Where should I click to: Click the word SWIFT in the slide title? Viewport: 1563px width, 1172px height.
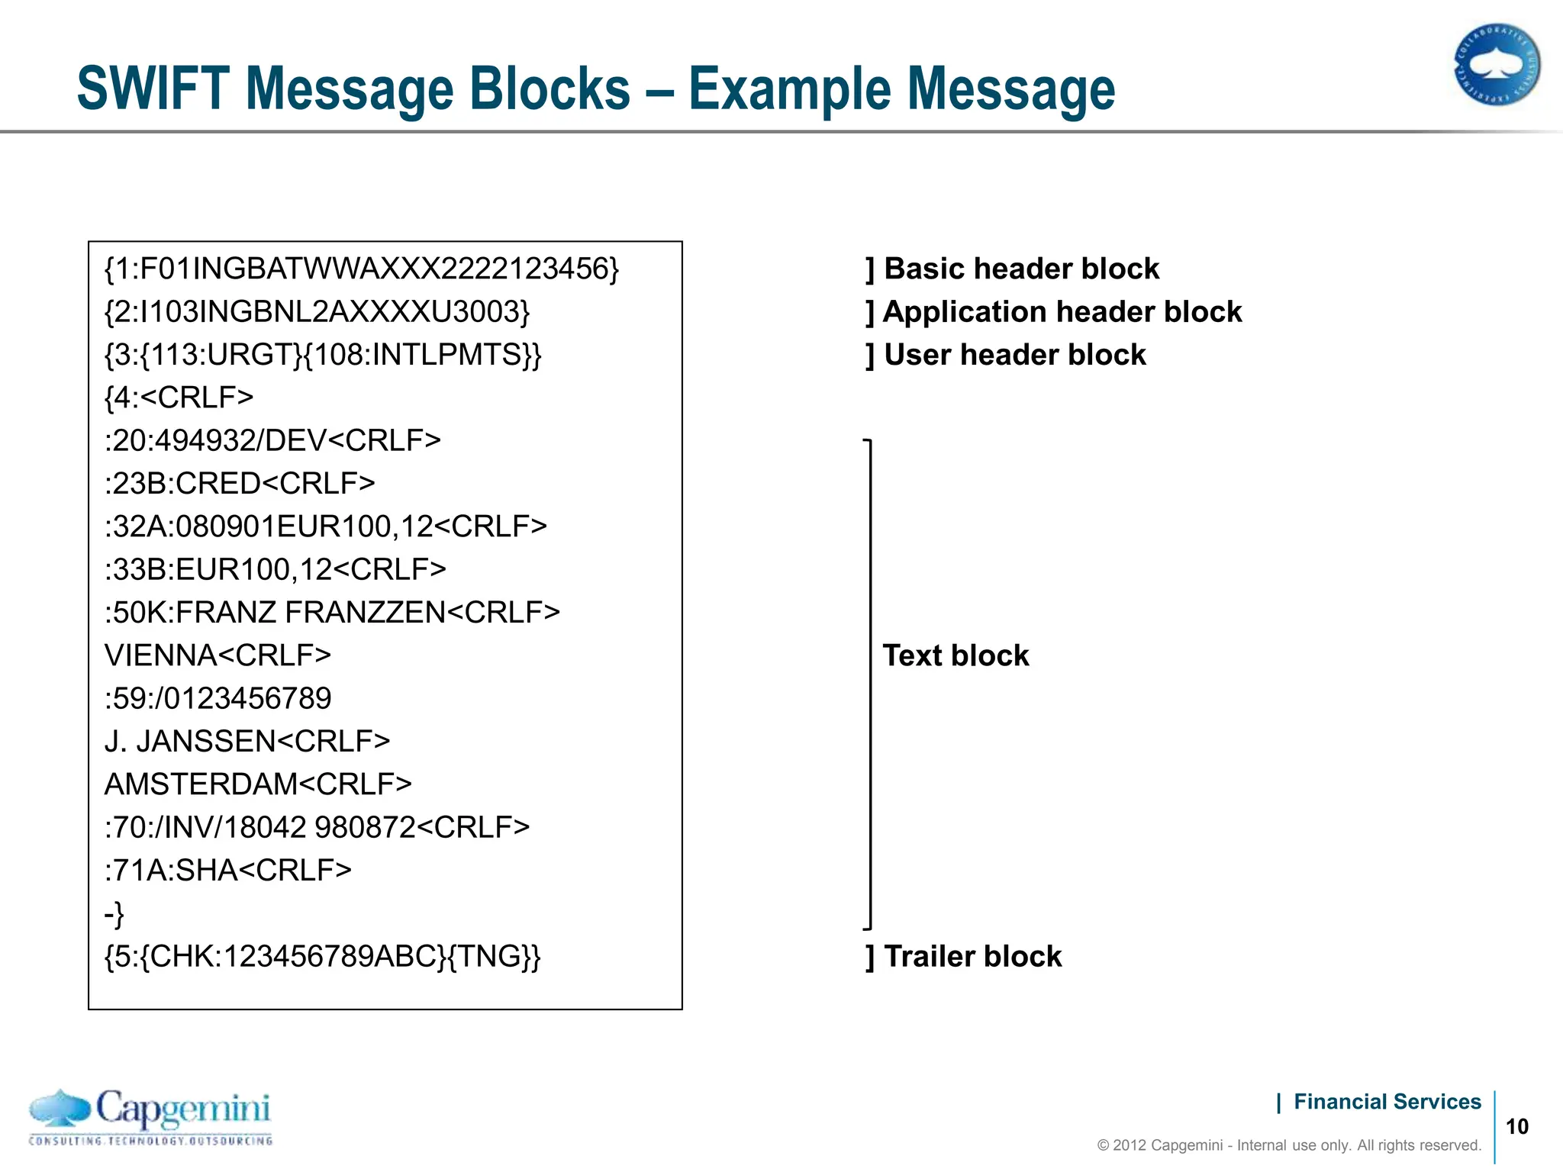pyautogui.click(x=153, y=89)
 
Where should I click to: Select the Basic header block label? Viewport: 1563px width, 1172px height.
pyautogui.click(x=1020, y=269)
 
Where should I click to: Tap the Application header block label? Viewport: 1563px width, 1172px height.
pyautogui.click(x=1062, y=312)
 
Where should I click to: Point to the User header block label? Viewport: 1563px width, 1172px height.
pyautogui.click(x=1014, y=355)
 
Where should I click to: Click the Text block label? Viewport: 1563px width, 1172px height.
pyautogui.click(x=956, y=655)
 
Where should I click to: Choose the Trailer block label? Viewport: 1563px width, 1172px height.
pyautogui.click(x=972, y=956)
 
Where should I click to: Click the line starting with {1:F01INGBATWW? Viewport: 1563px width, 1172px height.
pyautogui.click(x=362, y=269)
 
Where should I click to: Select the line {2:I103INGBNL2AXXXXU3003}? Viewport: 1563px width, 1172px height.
pyautogui.click(x=317, y=311)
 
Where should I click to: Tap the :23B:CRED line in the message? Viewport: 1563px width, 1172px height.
pyautogui.click(x=240, y=484)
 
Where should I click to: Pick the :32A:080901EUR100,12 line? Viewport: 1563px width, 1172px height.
pyautogui.click(x=326, y=526)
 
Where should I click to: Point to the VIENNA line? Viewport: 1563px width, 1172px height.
pyautogui.click(x=218, y=655)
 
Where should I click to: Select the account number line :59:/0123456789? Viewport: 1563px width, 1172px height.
pyautogui.click(x=218, y=698)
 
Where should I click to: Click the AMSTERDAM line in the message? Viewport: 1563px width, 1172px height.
pyautogui.click(x=258, y=784)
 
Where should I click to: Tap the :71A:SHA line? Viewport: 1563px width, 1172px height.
pyautogui.click(x=227, y=870)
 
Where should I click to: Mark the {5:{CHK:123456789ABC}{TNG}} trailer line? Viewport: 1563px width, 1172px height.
pyautogui.click(x=322, y=956)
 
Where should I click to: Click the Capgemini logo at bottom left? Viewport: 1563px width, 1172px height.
pyautogui.click(x=150, y=1117)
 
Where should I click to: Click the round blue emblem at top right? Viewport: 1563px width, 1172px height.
pyautogui.click(x=1497, y=65)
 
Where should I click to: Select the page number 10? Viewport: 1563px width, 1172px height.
pyautogui.click(x=1517, y=1127)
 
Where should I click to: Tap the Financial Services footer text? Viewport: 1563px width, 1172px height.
pyautogui.click(x=1387, y=1102)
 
